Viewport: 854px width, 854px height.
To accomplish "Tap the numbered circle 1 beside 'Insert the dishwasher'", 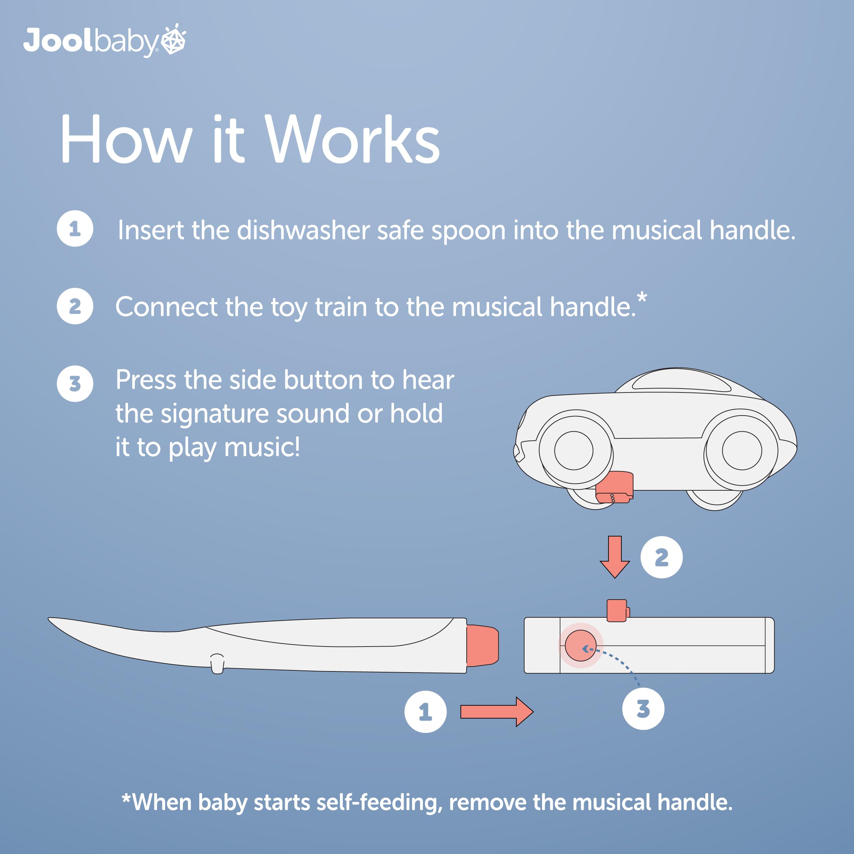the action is coord(75,228).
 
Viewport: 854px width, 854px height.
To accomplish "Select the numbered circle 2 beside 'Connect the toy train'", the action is coord(75,306).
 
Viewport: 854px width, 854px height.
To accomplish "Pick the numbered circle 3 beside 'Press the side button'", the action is coord(75,384).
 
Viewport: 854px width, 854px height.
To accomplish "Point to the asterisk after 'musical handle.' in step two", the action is coord(642,298).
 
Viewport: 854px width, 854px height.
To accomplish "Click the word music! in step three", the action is coord(262,447).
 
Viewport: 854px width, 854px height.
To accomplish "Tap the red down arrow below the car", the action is coord(615,557).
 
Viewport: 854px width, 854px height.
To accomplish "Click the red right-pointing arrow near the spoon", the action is coord(497,712).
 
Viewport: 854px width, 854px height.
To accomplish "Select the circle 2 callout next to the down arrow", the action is coord(662,557).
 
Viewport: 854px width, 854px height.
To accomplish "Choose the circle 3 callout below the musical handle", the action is coord(643,708).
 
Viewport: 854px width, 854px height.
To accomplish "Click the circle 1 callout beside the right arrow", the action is coord(426,712).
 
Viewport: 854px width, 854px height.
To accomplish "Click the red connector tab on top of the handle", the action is coord(618,610).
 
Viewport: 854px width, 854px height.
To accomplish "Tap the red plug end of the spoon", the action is coord(482,645).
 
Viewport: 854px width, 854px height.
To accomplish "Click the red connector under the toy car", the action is coord(614,487).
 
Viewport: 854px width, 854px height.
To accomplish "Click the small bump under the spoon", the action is coord(217,663).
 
